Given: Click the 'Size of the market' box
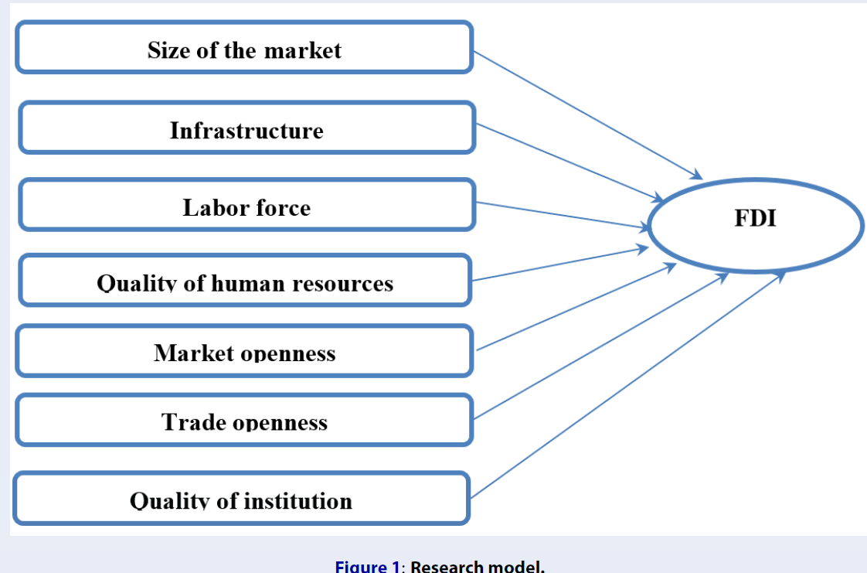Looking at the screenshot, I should click(243, 48).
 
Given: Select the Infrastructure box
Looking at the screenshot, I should click(246, 128).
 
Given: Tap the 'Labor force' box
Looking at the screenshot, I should click(246, 205).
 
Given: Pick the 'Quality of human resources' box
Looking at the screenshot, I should click(244, 280).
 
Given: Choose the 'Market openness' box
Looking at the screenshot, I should click(243, 351).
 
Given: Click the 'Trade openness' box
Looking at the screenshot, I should click(243, 420).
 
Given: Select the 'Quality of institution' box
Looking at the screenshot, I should click(241, 499).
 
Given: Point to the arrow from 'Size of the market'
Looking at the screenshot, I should click(587, 115).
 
